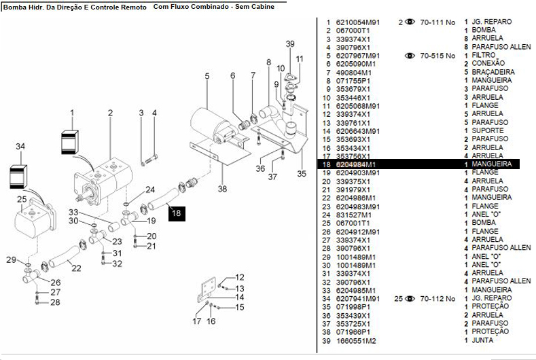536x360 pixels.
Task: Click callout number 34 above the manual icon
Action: [20, 146]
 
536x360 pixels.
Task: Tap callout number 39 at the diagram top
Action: [290, 44]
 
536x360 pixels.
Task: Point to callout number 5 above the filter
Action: [207, 75]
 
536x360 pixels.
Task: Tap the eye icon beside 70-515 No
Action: [410, 56]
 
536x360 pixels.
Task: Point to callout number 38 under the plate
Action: [223, 190]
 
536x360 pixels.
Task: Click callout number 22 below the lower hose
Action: [76, 268]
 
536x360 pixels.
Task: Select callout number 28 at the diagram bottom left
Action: [56, 302]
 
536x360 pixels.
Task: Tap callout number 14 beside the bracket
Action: [239, 297]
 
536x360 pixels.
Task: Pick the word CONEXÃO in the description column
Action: [488, 64]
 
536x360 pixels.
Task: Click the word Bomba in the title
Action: [15, 5]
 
